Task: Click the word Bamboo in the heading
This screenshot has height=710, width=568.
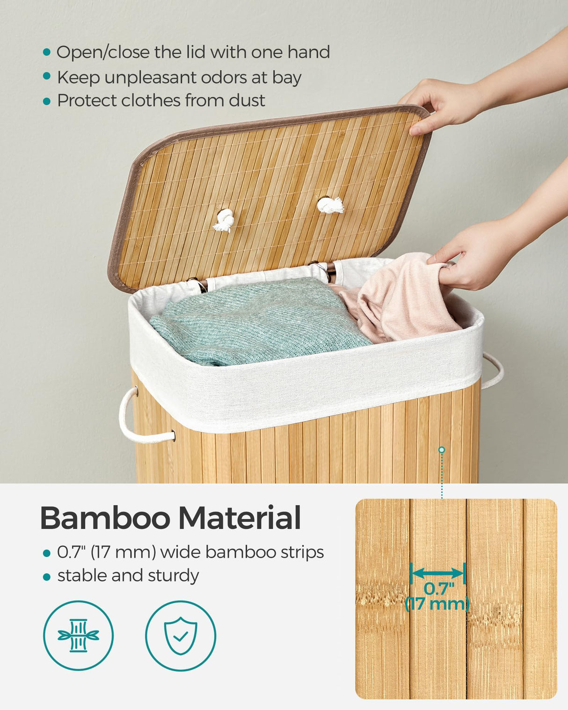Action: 105,518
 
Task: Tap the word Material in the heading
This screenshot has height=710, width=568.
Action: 240,518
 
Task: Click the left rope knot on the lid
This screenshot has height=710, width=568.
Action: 225,219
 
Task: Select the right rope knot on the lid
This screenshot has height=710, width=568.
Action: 330,205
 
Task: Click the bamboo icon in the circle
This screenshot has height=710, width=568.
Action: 78,636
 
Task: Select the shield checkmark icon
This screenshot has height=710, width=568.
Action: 181,636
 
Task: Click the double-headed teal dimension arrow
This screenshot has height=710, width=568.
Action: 437,573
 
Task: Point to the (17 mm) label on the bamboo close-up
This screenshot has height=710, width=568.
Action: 437,604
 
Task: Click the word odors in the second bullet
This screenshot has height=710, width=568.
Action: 218,77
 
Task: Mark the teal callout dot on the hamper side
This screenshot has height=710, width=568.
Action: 442,450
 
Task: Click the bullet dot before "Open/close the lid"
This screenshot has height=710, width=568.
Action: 46,52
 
